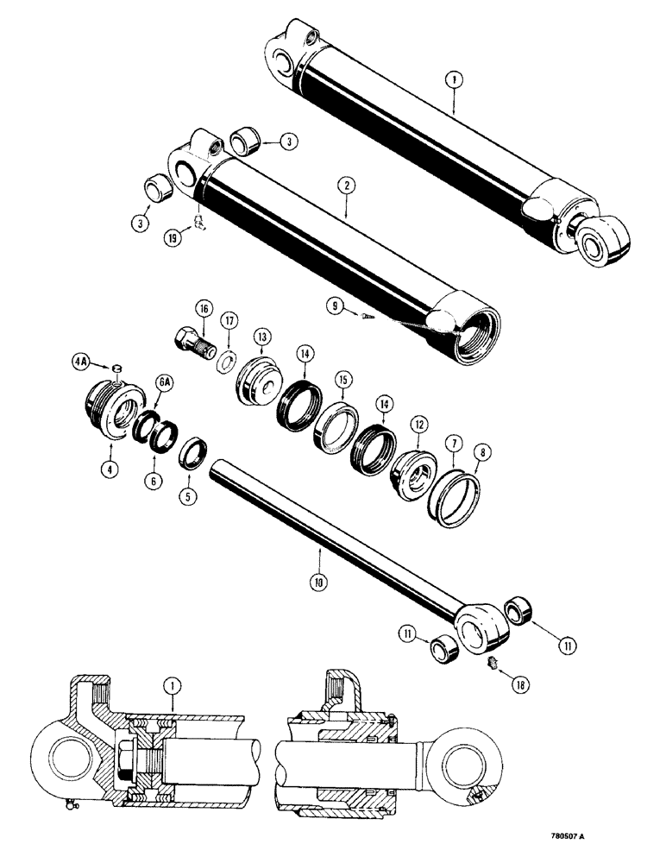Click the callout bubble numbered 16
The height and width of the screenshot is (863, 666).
(204, 308)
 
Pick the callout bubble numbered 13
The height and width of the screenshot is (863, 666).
(260, 336)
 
